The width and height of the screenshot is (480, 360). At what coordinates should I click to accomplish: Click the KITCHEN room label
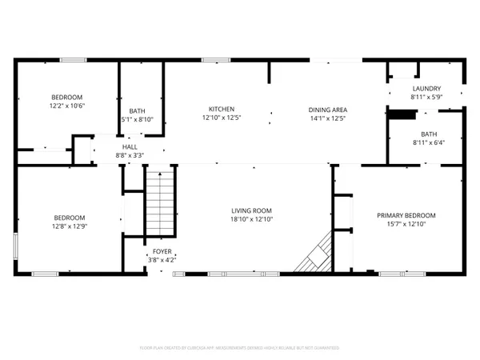click(221, 109)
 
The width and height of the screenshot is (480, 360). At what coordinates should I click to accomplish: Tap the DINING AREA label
click(327, 109)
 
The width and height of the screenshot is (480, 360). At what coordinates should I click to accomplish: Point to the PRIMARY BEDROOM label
click(406, 215)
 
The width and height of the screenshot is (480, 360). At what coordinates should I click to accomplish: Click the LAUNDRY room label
click(426, 88)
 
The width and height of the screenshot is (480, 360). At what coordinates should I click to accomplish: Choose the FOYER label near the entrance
click(162, 251)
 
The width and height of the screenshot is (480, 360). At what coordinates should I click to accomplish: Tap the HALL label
click(130, 147)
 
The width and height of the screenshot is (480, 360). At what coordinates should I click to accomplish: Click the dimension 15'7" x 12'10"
click(406, 225)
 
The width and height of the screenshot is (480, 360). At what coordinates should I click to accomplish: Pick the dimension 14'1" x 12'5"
click(327, 118)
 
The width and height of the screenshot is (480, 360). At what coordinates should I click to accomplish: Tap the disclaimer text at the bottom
click(239, 348)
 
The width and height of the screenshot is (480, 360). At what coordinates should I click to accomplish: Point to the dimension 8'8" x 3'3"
click(130, 156)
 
